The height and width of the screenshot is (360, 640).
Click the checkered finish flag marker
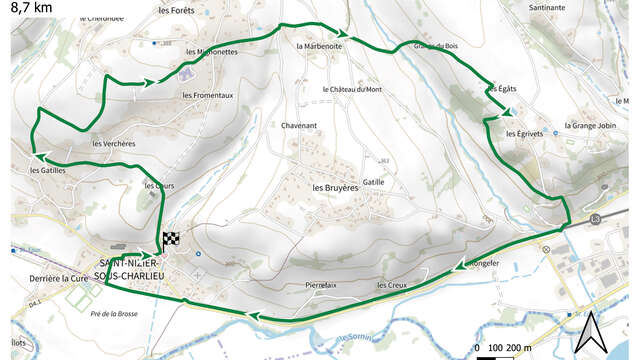170,239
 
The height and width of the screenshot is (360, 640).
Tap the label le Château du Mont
352,89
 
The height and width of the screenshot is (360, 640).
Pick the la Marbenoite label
320,46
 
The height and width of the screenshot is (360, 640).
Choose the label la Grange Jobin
590,126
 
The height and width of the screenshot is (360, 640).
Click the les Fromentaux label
208,95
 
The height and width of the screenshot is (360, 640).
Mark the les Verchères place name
113,144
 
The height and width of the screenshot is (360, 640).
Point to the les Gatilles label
47,170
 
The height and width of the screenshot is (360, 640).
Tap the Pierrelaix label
321,285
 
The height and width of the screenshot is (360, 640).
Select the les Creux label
392,285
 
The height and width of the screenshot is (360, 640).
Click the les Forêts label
175,11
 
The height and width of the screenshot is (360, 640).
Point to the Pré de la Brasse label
113,314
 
